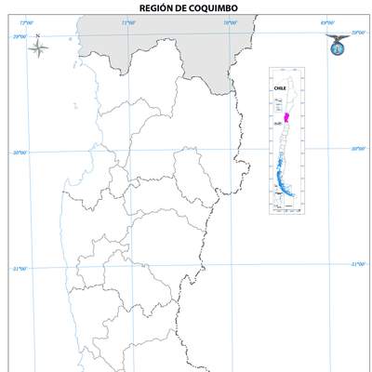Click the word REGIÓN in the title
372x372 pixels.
[x=153, y=7]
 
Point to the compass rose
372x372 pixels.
[x=38, y=49]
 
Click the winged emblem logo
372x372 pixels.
[x=336, y=43]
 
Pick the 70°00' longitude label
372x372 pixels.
[x=230, y=22]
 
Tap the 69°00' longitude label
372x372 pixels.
[x=326, y=22]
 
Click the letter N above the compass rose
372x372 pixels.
[x=38, y=37]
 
